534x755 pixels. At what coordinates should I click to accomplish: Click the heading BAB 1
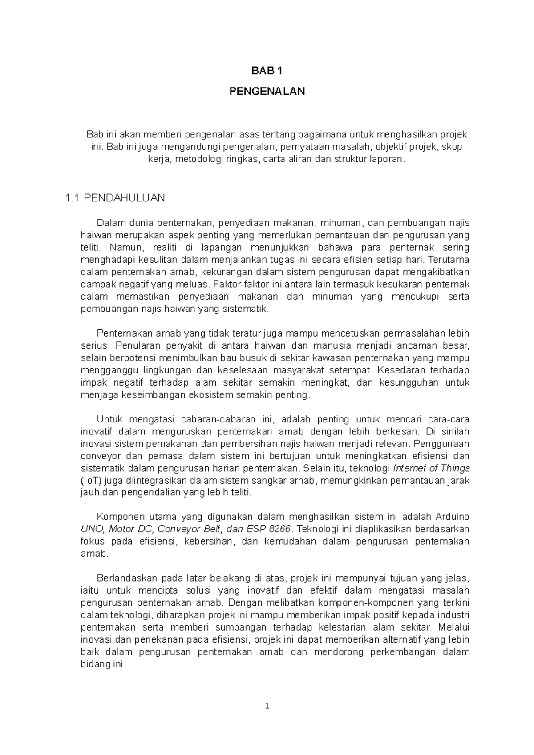click(x=267, y=71)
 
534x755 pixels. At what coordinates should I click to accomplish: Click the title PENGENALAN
click(x=267, y=92)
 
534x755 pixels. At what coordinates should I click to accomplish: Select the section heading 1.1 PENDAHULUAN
click(x=115, y=198)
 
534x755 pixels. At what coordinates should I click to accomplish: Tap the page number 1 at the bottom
click(x=267, y=706)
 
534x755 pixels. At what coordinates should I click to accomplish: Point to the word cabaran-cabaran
click(x=218, y=419)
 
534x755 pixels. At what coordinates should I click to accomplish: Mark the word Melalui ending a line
click(x=454, y=627)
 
